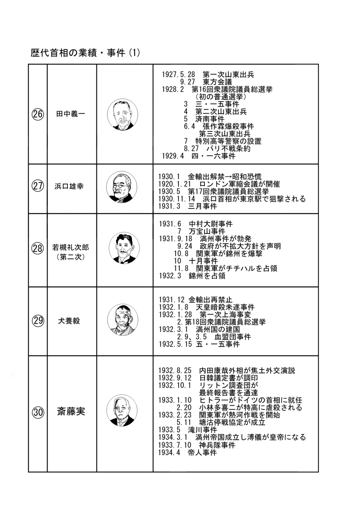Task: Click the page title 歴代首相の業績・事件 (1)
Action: pyautogui.click(x=85, y=53)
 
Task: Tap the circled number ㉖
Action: pyautogui.click(x=38, y=114)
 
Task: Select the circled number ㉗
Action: pyautogui.click(x=38, y=186)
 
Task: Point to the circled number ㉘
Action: pyautogui.click(x=38, y=249)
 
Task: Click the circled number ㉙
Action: pyautogui.click(x=38, y=321)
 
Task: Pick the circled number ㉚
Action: pyautogui.click(x=38, y=412)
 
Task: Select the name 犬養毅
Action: pyautogui.click(x=69, y=321)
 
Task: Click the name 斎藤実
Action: pyautogui.click(x=71, y=412)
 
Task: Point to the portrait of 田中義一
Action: pyautogui.click(x=122, y=114)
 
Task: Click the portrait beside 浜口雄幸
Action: pyautogui.click(x=122, y=188)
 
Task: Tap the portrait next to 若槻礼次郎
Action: pyautogui.click(x=124, y=248)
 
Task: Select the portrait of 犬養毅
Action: pyautogui.click(x=122, y=320)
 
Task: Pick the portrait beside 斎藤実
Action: pyautogui.click(x=122, y=411)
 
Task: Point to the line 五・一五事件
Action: pyautogui.click(x=218, y=344)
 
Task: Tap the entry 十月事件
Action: pyautogui.click(x=204, y=261)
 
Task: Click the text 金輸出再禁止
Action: pyautogui.click(x=210, y=300)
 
